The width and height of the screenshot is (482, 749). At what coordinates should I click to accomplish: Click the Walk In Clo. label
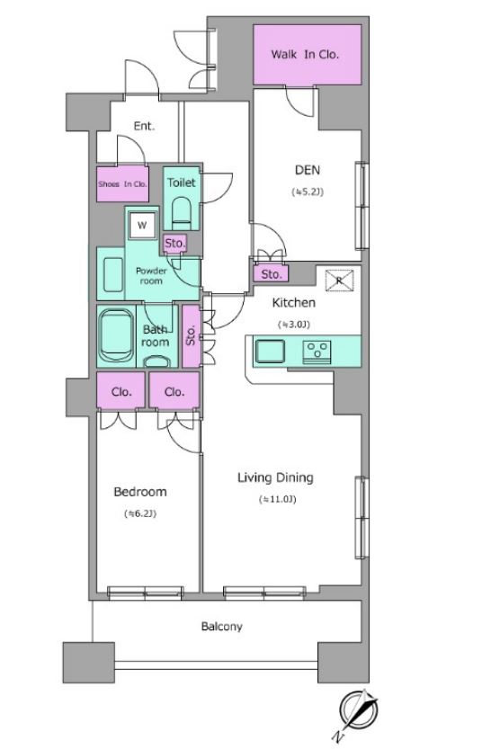point(305,55)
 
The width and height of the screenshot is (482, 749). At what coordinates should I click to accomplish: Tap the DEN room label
point(308,170)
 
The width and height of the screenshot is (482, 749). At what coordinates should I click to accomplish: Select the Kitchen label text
point(294,302)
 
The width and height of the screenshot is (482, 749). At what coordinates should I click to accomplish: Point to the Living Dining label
point(276,477)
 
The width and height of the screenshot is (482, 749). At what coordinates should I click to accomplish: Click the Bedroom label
point(140,492)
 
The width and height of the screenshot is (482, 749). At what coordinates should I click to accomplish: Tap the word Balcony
point(221,626)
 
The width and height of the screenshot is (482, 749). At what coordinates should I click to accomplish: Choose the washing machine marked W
point(142,225)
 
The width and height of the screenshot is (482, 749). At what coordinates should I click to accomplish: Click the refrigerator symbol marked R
point(340,281)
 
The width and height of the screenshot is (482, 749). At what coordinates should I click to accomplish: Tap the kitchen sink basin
point(270,351)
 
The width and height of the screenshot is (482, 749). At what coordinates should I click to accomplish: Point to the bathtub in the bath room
point(116,336)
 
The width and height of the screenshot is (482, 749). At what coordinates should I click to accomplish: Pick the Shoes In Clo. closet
point(123,184)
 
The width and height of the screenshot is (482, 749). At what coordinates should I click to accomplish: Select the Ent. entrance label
point(144,126)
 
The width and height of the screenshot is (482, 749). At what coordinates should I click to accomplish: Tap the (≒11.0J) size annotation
point(278,500)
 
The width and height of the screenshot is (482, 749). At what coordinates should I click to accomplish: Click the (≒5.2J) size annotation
point(308,192)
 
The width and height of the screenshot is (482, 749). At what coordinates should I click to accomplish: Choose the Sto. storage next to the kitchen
point(271,274)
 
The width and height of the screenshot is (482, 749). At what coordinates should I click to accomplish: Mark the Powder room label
point(151,276)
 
